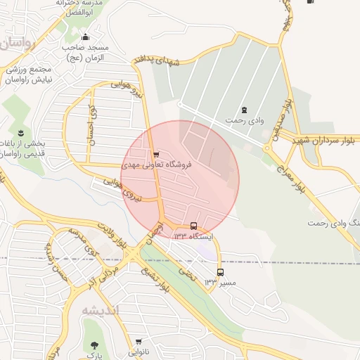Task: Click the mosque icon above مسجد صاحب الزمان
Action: pos(86,37)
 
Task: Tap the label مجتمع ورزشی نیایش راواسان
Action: pos(30,75)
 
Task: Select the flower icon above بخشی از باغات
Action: pos(20,132)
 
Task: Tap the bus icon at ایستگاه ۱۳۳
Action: pos(194,226)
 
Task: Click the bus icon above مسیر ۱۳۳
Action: pos(220,272)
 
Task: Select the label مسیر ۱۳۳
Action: pos(217,282)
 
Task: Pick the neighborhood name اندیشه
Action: pos(101,310)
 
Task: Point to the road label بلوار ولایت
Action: pos(113,235)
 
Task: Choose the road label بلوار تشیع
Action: pos(156,281)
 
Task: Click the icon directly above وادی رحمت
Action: pos(244,110)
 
